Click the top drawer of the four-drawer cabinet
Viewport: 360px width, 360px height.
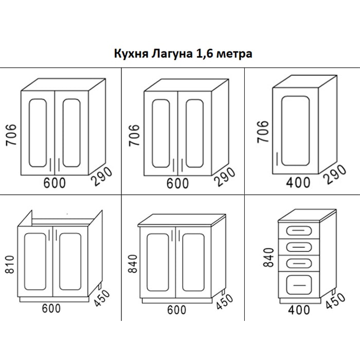299,230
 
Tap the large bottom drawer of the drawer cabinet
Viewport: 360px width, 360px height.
299,282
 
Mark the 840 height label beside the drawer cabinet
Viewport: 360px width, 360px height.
267,256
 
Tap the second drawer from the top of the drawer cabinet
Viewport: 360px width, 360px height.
299,246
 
